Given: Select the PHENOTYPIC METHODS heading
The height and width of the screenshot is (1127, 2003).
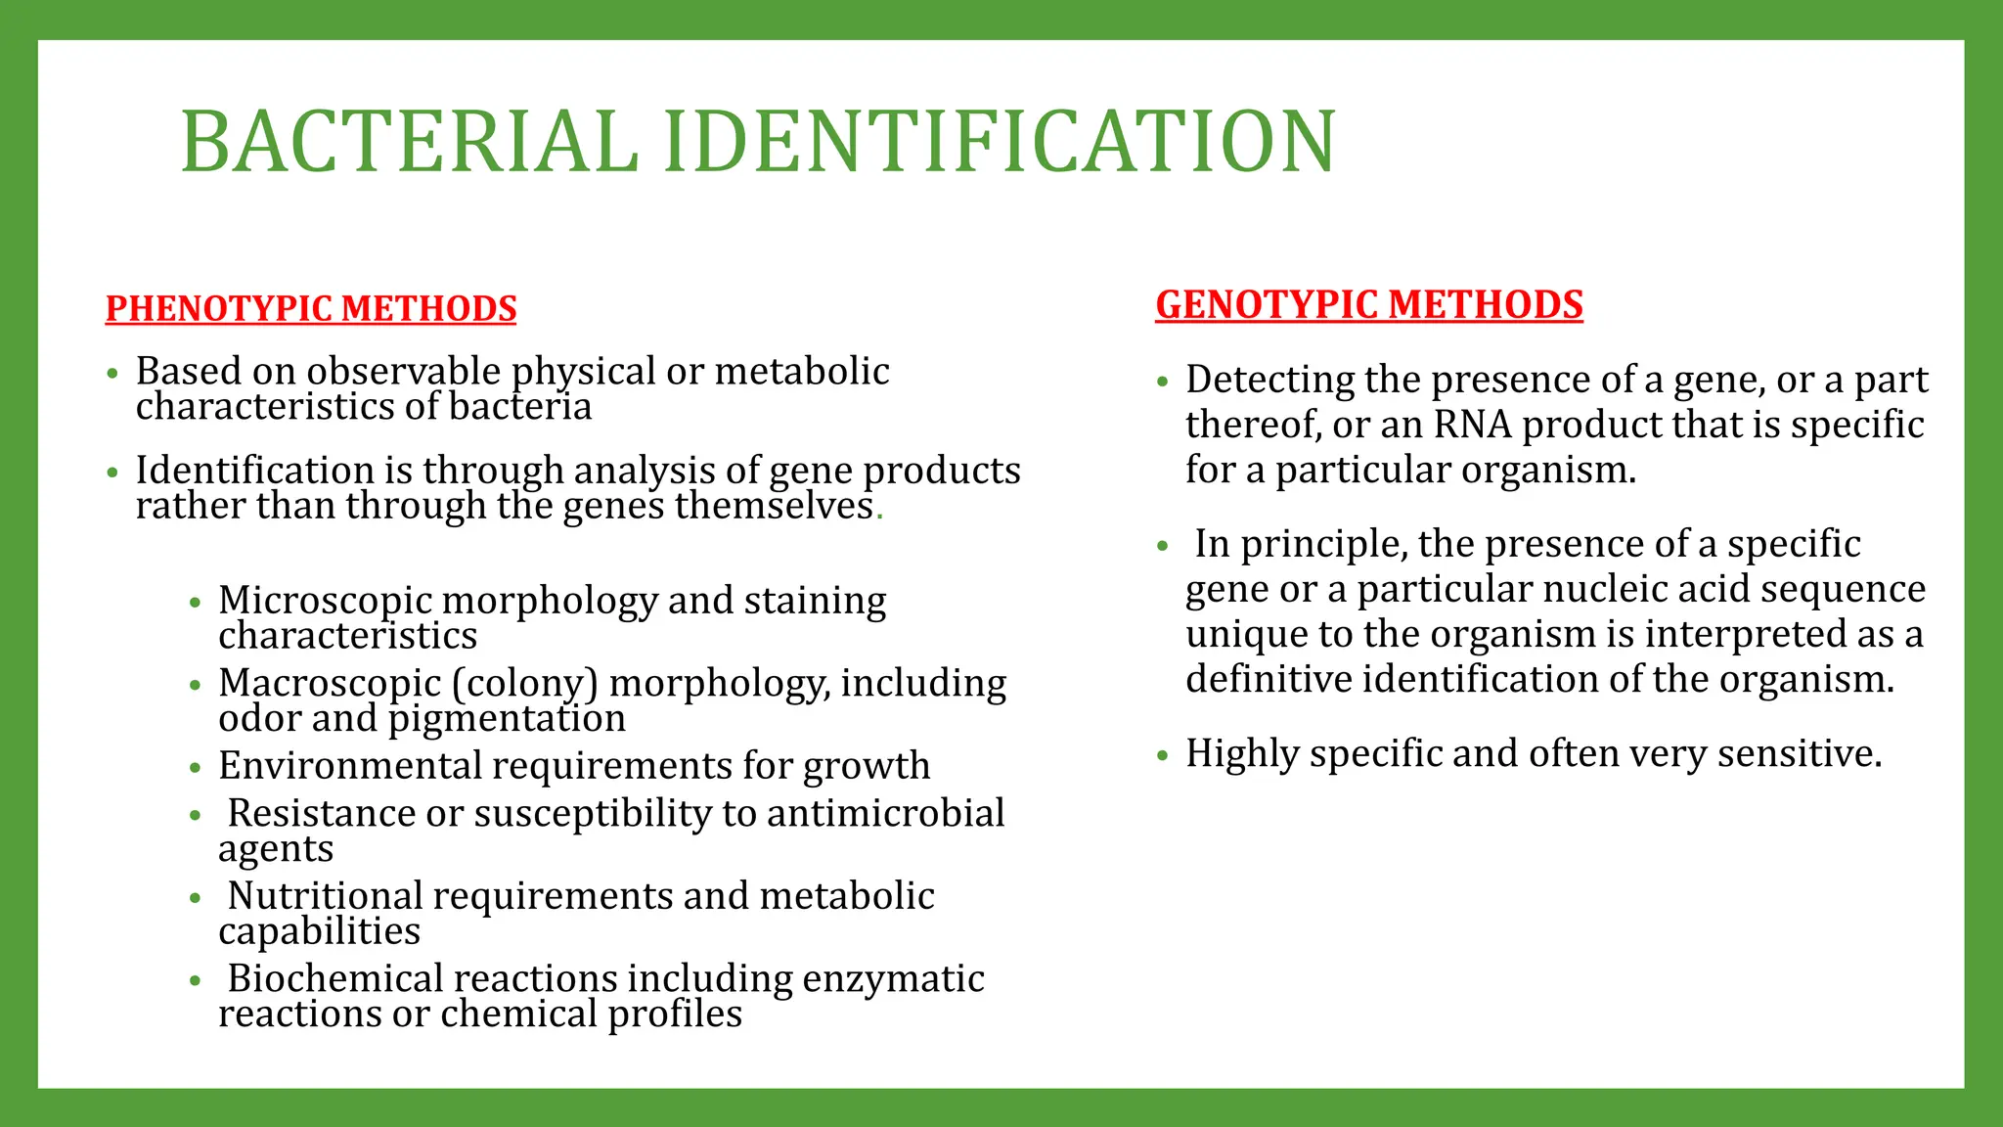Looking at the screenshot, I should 311,309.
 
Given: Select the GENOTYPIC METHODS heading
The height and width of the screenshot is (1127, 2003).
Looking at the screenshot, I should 1368,305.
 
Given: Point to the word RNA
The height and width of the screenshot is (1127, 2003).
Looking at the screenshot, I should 1473,425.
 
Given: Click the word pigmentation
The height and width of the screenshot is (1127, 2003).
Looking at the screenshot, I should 507,719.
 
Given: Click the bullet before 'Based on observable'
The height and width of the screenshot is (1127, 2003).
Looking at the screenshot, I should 112,374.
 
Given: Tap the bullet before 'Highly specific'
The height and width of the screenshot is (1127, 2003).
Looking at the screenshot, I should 1162,755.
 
